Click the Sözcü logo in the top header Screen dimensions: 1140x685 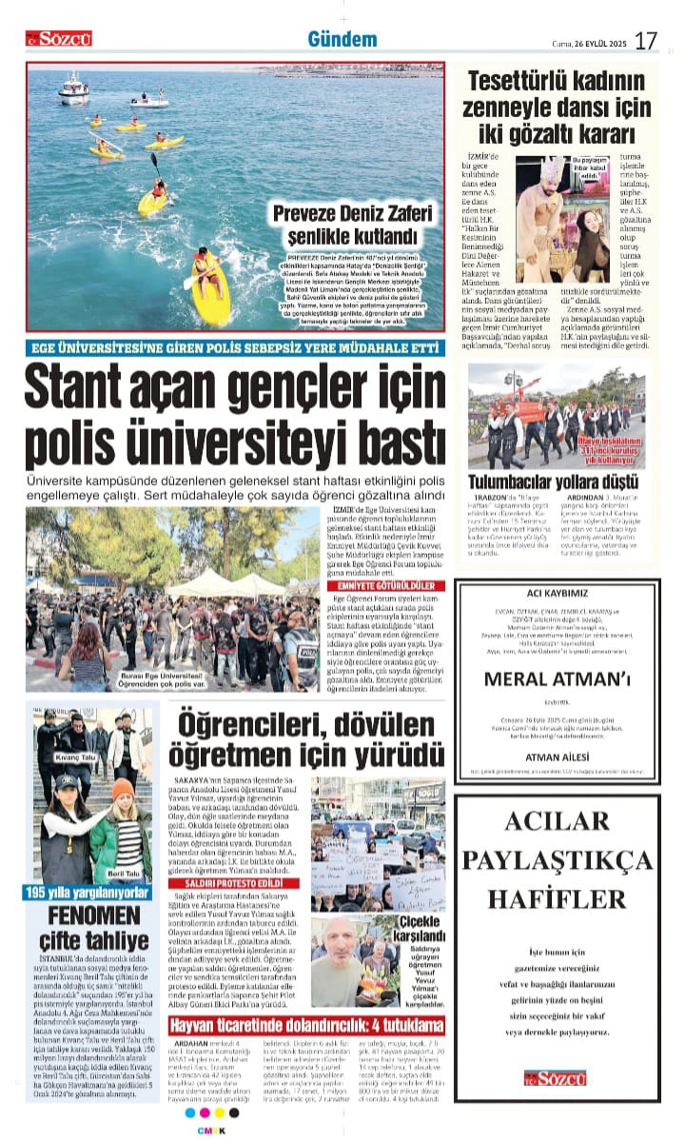[59, 38]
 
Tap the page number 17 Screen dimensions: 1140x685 [646, 40]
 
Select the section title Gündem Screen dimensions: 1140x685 [342, 39]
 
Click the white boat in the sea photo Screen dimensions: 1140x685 [73, 88]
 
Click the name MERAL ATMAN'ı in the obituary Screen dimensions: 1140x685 [557, 678]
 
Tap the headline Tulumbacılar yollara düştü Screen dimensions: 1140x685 [557, 481]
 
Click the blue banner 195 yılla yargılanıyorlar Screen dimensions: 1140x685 [88, 894]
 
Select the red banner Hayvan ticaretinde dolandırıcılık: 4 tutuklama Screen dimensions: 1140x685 [306, 1026]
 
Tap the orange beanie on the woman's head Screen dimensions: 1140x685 [123, 789]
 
